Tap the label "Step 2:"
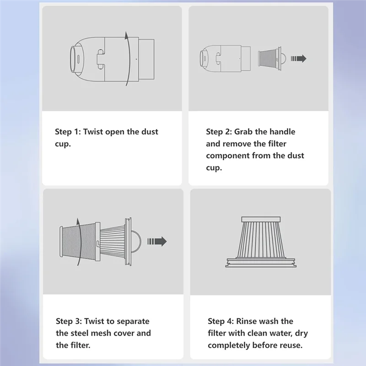tap(219, 132)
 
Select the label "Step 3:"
tap(69, 321)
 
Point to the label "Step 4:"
tap(221, 321)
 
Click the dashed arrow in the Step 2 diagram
tap(299, 59)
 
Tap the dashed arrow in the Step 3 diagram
tap(157, 242)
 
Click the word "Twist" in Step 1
tap(95, 132)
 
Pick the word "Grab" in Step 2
tap(244, 132)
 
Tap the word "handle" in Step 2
tap(281, 132)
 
